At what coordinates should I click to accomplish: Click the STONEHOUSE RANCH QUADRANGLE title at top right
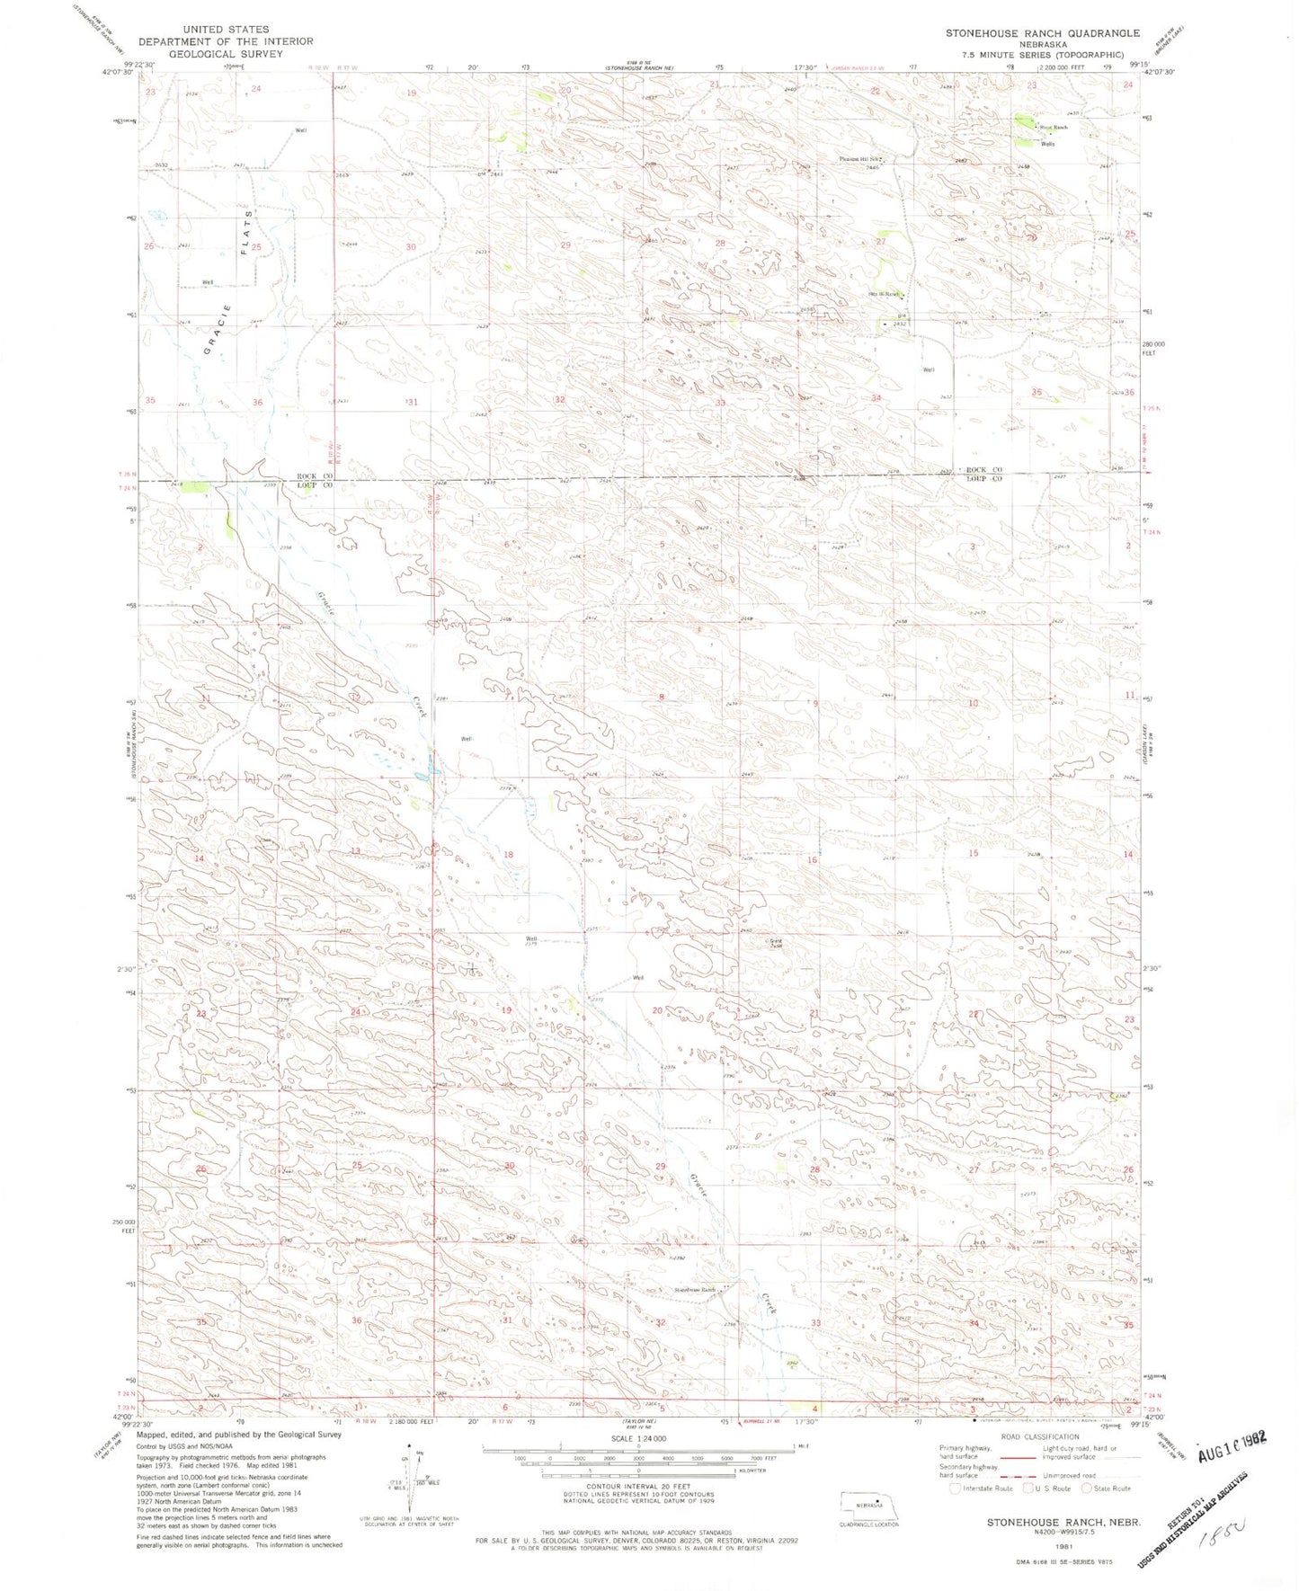click(1042, 33)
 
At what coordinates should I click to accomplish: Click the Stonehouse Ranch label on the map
click(695, 1290)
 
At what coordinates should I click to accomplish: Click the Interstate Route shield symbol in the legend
click(955, 1488)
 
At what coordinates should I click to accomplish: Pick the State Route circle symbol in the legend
click(1086, 1488)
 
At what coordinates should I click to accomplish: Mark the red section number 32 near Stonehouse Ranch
click(661, 1322)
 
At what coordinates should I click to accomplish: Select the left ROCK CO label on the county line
click(316, 476)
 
